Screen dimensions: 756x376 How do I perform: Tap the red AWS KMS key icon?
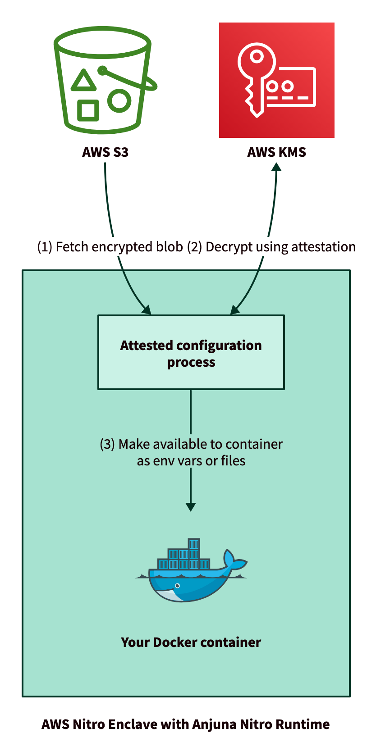(276, 80)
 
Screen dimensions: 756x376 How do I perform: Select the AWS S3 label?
(105, 152)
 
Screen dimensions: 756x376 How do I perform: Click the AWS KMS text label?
(276, 152)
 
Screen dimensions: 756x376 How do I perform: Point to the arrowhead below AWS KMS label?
(277, 167)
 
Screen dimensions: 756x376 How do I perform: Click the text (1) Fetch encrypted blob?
(110, 247)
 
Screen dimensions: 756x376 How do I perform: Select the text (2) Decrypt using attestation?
(271, 247)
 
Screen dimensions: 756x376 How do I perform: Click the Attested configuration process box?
(191, 352)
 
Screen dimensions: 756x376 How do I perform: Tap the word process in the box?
(191, 362)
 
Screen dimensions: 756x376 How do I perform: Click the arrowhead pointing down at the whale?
(191, 506)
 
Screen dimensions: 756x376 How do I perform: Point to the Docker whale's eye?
(178, 586)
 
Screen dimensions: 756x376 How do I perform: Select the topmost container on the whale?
(194, 543)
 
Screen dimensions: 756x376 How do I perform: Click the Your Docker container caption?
(191, 642)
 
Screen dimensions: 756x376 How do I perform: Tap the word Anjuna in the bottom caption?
(214, 724)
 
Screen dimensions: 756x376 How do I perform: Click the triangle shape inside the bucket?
(83, 80)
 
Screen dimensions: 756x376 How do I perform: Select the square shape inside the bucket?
(88, 110)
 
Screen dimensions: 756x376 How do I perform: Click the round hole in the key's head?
(257, 57)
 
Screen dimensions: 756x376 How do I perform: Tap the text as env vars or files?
(191, 461)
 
